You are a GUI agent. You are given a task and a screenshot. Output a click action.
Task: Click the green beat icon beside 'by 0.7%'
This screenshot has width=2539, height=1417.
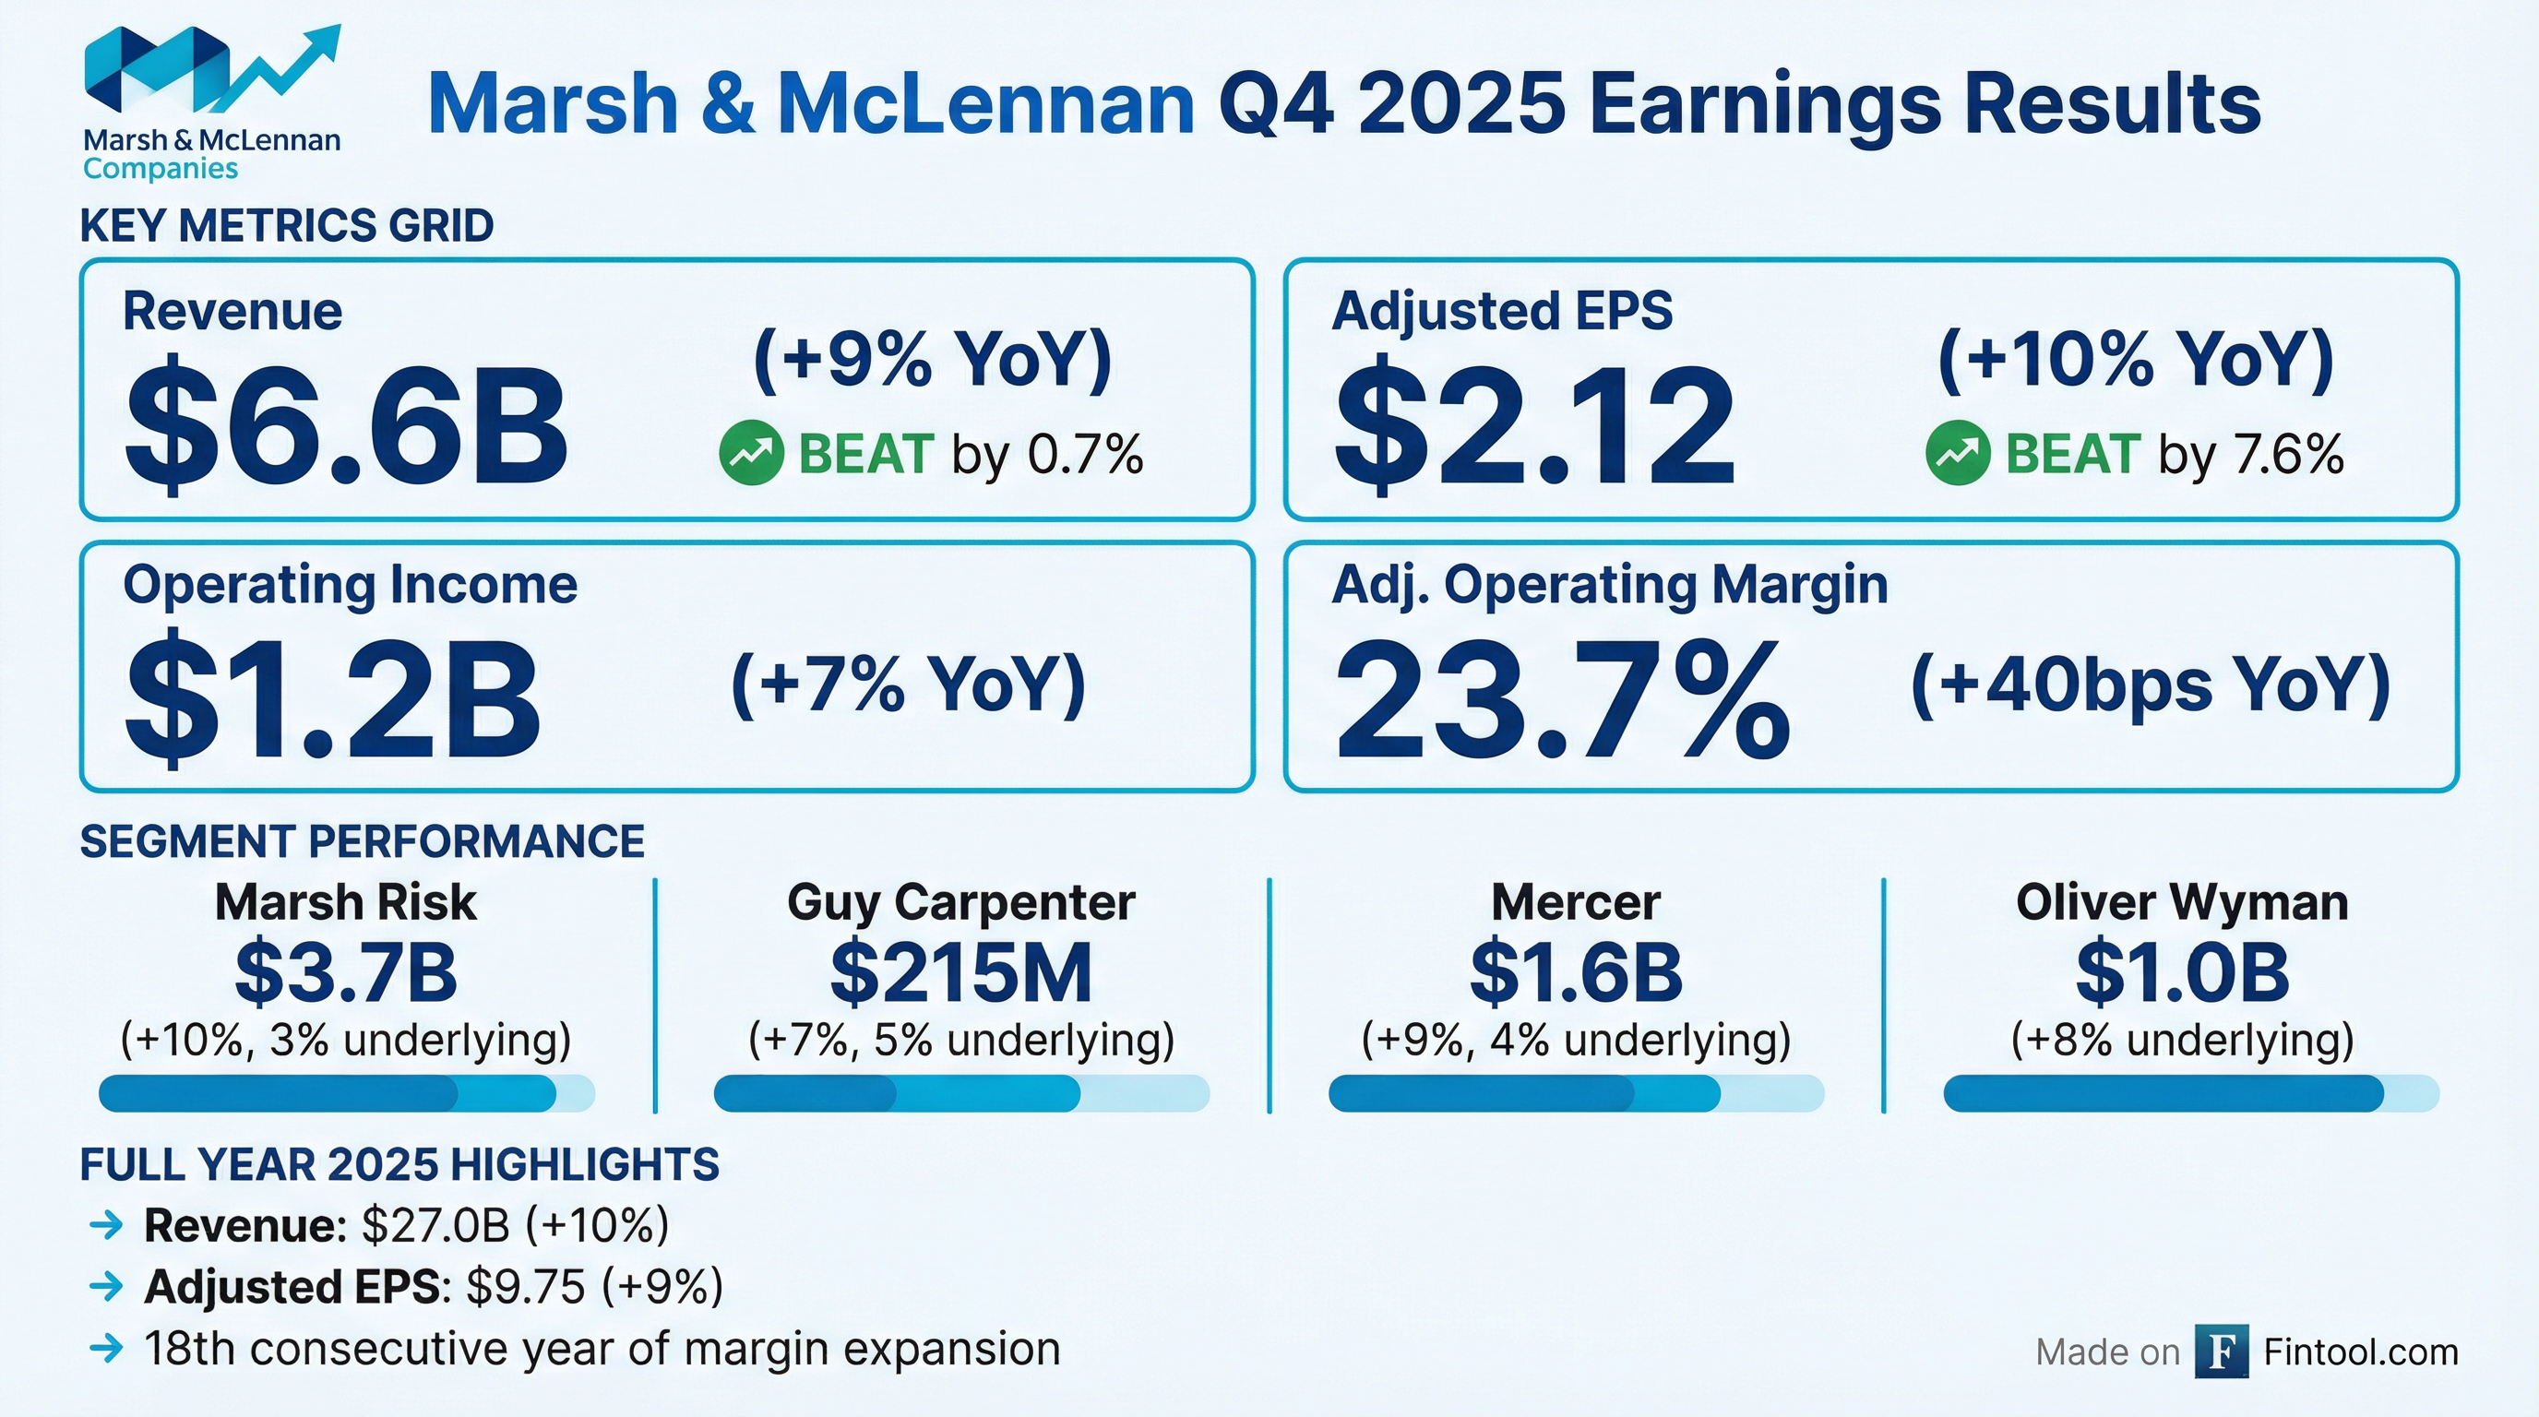[x=751, y=453]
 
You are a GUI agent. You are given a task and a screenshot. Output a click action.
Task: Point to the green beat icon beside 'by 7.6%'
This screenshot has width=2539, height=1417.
[x=1958, y=453]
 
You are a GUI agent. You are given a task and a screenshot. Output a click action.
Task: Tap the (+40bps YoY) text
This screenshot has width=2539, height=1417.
[x=2150, y=684]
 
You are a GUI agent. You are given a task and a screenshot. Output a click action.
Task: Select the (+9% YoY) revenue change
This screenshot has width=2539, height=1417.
[x=933, y=359]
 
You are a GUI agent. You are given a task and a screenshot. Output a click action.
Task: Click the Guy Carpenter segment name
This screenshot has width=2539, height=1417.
[x=961, y=902]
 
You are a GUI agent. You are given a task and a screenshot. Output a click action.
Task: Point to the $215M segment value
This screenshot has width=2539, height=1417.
[x=961, y=972]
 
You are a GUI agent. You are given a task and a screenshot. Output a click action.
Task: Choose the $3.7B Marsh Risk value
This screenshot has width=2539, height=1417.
[x=346, y=972]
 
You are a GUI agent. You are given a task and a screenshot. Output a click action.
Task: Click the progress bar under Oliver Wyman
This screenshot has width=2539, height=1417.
[x=2190, y=1094]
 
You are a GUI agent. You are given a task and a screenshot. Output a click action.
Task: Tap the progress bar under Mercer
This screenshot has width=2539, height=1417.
[x=1576, y=1094]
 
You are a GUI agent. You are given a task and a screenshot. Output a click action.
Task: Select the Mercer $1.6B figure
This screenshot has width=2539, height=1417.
[x=1576, y=972]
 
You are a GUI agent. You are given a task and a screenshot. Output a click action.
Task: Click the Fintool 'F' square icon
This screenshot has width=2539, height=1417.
[x=2222, y=1351]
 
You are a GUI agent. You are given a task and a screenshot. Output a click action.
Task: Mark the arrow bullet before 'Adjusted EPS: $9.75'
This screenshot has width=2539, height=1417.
[x=105, y=1286]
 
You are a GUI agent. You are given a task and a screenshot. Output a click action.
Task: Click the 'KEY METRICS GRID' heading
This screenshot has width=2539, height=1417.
[x=287, y=226]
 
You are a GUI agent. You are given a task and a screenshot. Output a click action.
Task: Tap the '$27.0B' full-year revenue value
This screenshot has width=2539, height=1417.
[x=435, y=1225]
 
